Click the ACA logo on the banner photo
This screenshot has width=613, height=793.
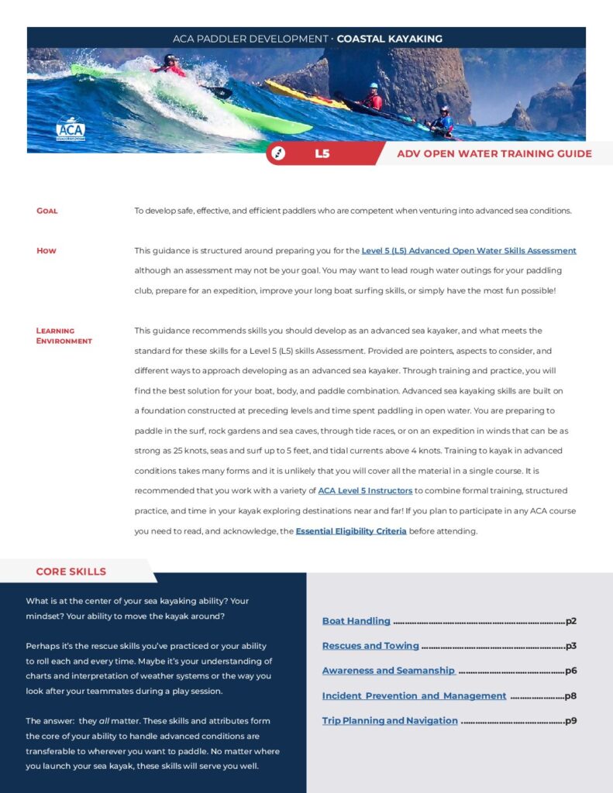point(70,128)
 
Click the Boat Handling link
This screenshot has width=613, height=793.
point(356,621)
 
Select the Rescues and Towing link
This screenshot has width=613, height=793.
point(370,646)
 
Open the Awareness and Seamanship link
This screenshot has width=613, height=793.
point(388,671)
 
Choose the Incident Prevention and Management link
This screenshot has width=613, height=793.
point(414,695)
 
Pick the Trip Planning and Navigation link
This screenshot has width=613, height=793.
point(390,720)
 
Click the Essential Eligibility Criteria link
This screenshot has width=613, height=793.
point(351,531)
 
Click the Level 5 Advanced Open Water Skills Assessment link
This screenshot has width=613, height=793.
point(469,251)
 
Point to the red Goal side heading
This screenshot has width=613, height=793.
point(47,211)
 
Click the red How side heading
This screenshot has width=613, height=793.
point(46,251)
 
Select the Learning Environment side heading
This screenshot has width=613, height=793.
point(64,336)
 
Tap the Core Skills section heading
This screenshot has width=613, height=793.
point(71,572)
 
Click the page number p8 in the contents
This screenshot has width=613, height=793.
point(570,695)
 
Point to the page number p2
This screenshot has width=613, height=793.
point(571,621)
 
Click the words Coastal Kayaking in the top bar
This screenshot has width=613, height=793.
point(390,38)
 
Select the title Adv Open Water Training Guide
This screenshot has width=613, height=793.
point(494,153)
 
